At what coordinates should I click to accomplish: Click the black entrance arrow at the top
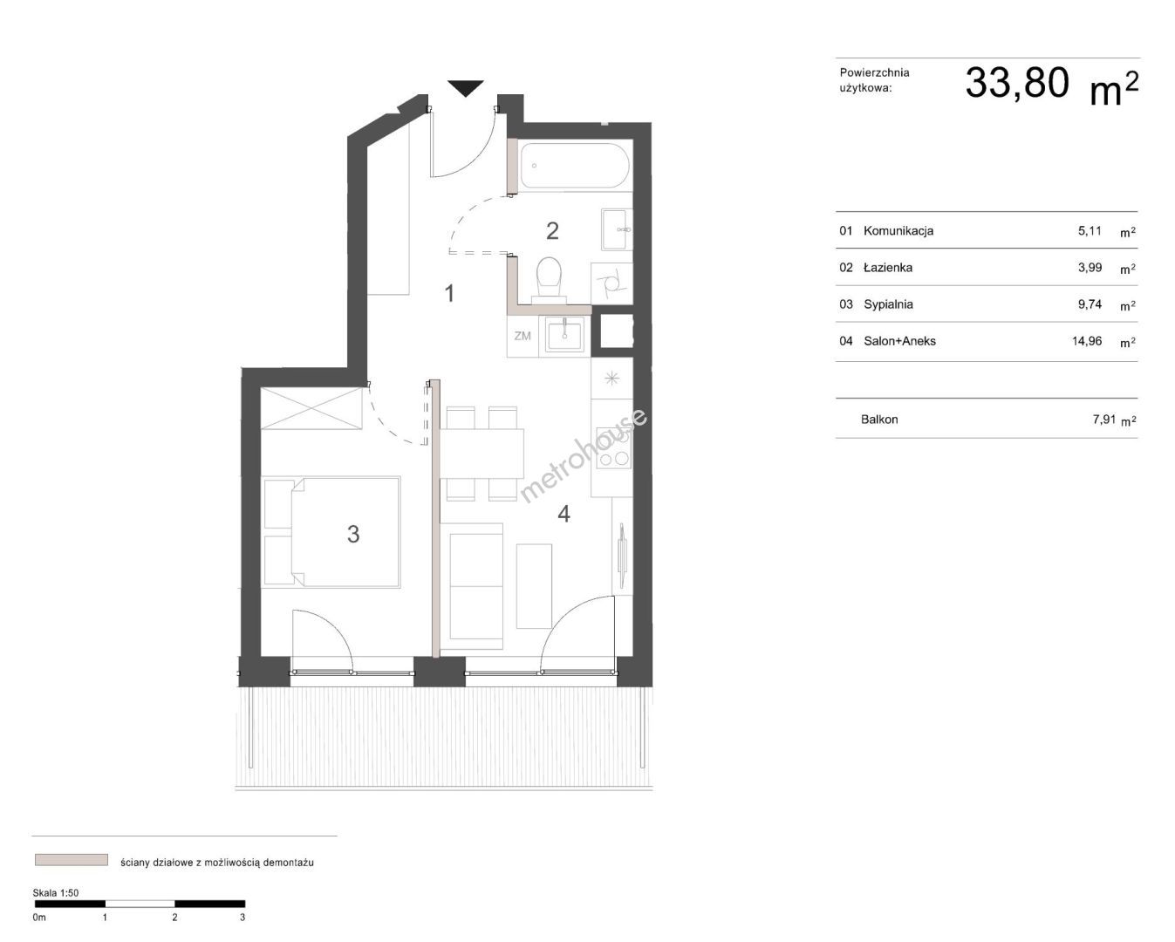466,88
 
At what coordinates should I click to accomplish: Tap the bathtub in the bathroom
575,166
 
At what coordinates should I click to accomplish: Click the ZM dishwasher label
523,336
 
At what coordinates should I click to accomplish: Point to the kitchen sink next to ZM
565,334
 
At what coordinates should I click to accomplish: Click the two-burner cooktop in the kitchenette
614,447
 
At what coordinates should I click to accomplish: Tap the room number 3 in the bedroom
353,534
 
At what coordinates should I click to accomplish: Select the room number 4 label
564,514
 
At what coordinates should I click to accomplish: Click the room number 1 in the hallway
449,294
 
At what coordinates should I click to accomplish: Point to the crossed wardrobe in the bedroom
311,408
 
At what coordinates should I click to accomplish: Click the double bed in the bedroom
331,532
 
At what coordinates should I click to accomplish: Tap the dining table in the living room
482,454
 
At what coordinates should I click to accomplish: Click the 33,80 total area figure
1016,83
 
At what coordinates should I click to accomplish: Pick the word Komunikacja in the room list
898,231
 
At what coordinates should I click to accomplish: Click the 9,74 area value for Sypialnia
1090,304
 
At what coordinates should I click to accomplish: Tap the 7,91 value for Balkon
1104,420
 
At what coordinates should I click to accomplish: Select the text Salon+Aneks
899,341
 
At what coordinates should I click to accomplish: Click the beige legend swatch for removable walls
71,860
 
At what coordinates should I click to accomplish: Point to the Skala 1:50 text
56,893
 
